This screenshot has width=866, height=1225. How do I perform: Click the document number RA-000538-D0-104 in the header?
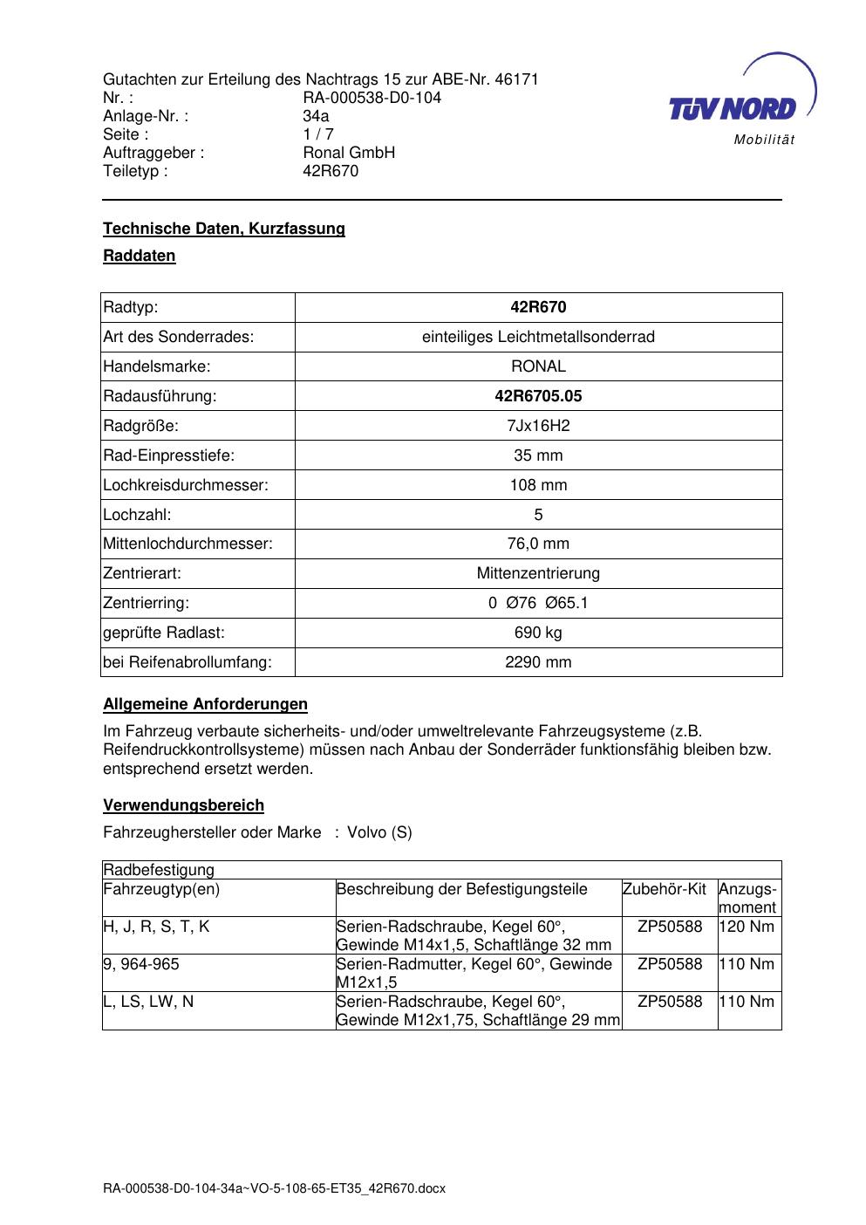point(372,98)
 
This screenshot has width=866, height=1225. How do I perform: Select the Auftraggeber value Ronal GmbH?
point(349,153)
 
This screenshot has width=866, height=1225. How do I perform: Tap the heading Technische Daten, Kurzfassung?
point(224,229)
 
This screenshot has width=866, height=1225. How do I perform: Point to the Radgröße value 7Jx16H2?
point(538,426)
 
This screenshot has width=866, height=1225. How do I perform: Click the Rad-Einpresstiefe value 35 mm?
point(538,455)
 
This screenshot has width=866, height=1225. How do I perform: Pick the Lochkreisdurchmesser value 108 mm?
point(538,485)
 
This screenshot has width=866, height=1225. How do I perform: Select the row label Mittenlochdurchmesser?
point(188,544)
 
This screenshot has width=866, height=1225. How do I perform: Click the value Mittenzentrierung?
point(538,573)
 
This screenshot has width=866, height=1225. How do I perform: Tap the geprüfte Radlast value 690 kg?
point(538,633)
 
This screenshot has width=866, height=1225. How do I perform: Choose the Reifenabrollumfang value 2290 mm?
point(538,662)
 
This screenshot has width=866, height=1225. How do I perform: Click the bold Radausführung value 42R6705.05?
point(538,396)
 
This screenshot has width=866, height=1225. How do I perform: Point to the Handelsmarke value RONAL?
point(538,366)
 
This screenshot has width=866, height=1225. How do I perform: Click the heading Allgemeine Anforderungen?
point(205,704)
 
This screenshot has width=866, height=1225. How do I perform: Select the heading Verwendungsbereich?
point(183,805)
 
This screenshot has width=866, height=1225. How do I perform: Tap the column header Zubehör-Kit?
point(665,889)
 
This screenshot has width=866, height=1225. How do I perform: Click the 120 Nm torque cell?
point(748,927)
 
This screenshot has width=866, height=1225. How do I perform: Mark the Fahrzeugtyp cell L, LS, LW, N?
point(148,1002)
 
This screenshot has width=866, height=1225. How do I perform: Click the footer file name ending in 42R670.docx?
point(274,1188)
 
